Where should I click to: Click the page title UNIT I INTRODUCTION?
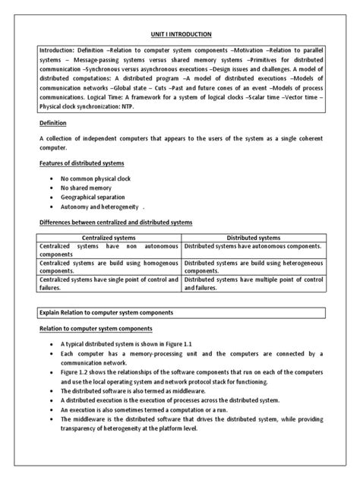pyautogui.click(x=179, y=34)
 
